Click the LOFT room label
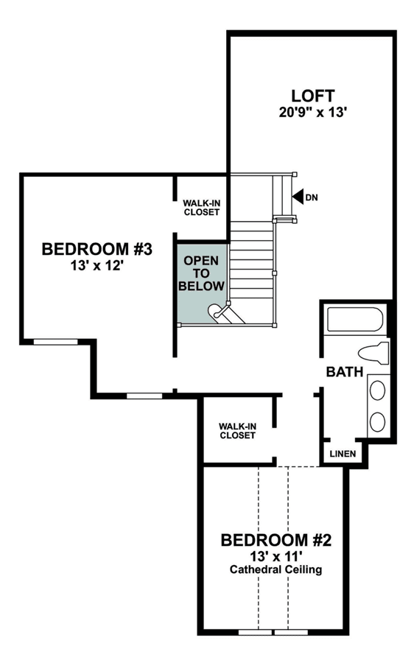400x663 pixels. coord(313,96)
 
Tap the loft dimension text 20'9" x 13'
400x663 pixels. coord(313,113)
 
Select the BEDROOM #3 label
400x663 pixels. coord(97,249)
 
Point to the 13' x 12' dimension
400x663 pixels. coord(97,266)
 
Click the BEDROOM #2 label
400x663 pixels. coord(276,540)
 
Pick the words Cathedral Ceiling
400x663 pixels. coord(276,569)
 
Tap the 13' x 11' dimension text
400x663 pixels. coord(276,555)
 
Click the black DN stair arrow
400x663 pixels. coord(298,197)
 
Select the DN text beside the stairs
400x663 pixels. coord(312,197)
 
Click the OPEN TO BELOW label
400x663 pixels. coord(201,273)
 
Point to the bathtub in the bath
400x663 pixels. coord(355,320)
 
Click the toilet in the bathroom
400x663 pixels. coord(373,353)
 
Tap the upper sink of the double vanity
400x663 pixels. coord(377,390)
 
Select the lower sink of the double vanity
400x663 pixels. coord(377,421)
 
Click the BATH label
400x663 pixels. coord(345,372)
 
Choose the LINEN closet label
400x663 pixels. coord(343,454)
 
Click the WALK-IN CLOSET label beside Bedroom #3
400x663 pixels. coord(202,208)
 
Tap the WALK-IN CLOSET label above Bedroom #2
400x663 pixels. coord(237,431)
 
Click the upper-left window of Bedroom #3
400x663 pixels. coord(55,342)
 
